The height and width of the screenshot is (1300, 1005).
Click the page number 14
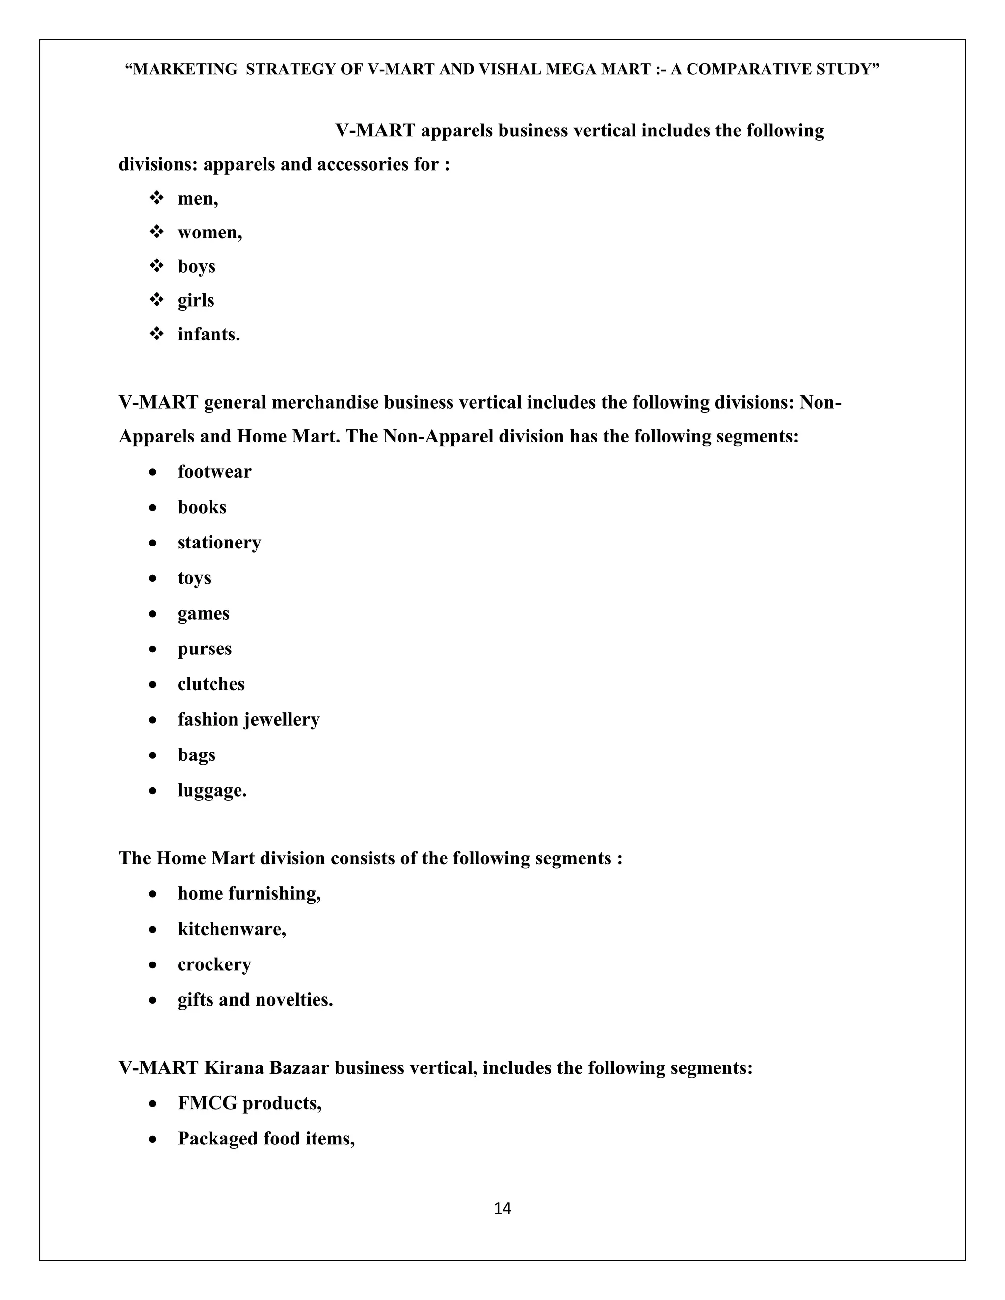(502, 1208)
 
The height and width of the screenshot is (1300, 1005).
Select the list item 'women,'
(210, 232)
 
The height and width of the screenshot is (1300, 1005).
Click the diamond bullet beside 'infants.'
(157, 334)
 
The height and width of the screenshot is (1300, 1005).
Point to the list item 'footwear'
(214, 471)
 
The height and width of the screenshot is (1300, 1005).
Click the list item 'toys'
(194, 578)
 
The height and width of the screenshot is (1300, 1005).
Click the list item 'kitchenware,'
(232, 929)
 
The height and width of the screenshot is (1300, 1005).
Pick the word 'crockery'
(214, 964)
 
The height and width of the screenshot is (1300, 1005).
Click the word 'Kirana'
(234, 1067)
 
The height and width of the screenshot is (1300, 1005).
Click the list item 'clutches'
(211, 684)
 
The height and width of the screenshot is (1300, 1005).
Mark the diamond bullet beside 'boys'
(157, 266)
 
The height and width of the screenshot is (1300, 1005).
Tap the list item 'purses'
(204, 649)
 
